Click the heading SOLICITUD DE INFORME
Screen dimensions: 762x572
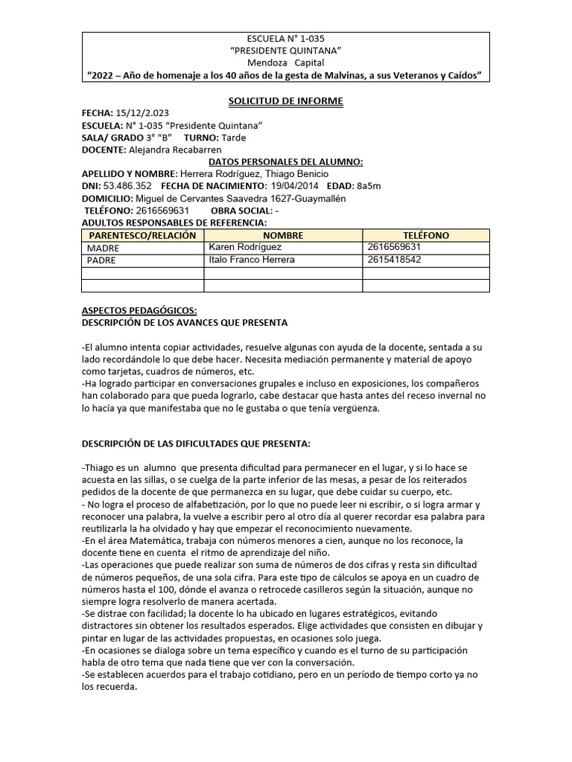point(285,100)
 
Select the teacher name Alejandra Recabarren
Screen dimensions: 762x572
point(175,150)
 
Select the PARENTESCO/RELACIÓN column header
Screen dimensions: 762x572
point(142,235)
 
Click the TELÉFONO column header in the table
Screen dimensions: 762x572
point(425,235)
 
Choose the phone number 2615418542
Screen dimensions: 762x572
point(394,260)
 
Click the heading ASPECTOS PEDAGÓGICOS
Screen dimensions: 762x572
point(139,311)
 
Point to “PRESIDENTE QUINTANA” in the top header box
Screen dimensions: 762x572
point(285,50)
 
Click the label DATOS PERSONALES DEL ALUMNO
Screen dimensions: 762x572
point(285,161)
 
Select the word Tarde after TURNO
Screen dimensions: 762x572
point(233,138)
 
